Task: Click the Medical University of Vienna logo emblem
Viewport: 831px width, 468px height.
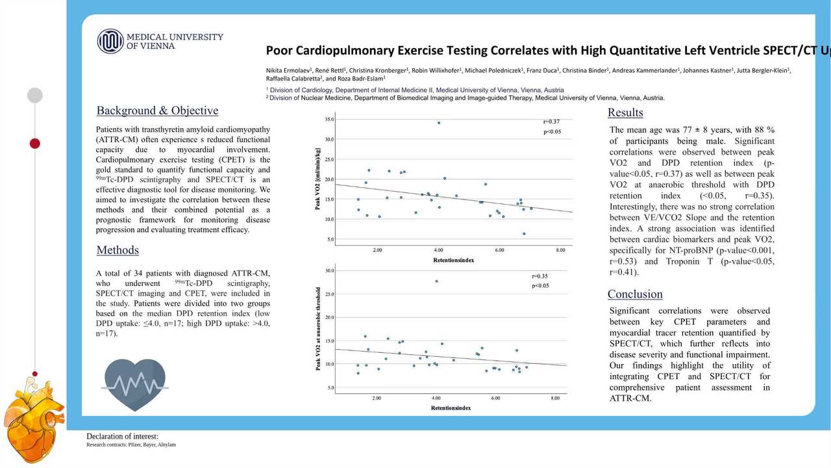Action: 110,41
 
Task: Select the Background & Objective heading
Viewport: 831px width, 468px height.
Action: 157,110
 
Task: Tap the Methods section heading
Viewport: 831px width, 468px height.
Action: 118,250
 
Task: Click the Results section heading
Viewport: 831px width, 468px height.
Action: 625,112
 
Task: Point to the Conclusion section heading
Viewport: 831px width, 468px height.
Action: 635,294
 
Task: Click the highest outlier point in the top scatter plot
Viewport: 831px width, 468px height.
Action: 439,123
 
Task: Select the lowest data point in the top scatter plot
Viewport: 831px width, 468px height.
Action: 524,234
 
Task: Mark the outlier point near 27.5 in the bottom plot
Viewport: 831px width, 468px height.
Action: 436,281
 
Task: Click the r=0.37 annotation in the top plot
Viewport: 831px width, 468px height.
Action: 552,122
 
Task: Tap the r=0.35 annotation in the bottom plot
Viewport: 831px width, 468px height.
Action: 540,276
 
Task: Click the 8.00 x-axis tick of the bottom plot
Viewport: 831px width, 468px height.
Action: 555,397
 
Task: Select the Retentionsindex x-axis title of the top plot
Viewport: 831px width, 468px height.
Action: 453,260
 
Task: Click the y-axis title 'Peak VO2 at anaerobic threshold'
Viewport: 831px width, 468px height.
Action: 319,329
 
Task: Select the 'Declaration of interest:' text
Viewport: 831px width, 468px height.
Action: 122,436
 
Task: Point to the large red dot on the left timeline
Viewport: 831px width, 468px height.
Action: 35,143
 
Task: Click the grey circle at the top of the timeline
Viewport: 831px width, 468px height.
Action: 35,96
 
